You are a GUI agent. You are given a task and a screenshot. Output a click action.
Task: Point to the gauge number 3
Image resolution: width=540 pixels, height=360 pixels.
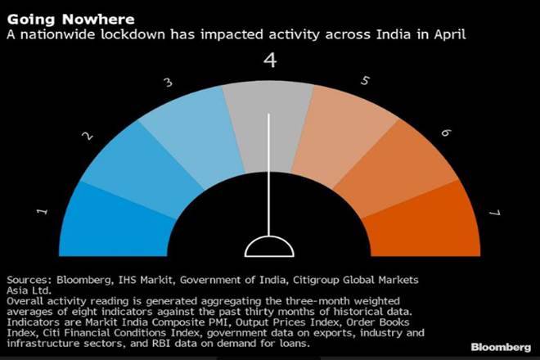point(168,83)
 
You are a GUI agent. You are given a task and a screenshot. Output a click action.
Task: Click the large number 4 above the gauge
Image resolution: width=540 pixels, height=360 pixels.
point(268,61)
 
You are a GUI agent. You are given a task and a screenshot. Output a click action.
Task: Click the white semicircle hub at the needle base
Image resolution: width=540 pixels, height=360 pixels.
point(268,248)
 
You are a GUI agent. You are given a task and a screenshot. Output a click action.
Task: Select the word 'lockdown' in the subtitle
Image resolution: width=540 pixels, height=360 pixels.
point(131,35)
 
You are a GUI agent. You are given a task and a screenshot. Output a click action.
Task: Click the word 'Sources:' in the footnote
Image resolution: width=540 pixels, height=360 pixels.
point(30,278)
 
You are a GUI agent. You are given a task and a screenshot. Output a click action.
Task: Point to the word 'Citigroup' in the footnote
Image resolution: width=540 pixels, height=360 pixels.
point(323,278)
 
